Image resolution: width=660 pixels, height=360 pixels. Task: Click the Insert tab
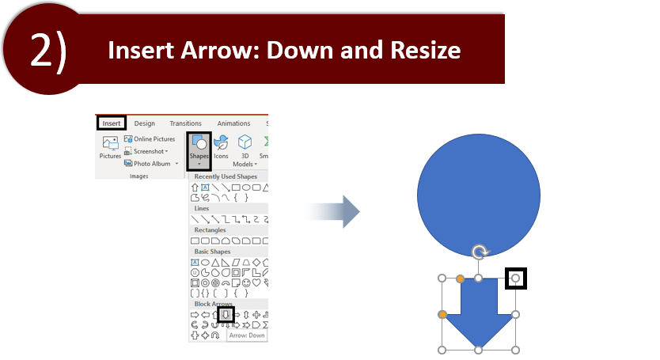(x=112, y=123)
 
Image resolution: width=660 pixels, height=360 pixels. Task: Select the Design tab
(x=144, y=123)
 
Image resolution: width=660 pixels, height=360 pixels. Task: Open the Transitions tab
(x=186, y=123)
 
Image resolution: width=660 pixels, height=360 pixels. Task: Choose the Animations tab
(x=233, y=123)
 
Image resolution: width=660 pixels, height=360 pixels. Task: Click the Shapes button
(x=199, y=151)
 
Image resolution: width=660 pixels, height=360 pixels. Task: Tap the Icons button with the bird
(x=221, y=147)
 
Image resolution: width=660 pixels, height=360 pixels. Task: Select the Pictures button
(x=110, y=147)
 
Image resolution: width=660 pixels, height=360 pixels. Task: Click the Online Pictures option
(x=150, y=139)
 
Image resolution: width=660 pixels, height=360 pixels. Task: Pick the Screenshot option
(x=146, y=151)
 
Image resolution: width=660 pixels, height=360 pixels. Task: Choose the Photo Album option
(x=151, y=163)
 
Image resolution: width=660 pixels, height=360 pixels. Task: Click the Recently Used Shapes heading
(x=226, y=176)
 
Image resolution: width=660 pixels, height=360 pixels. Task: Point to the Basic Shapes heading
(x=212, y=252)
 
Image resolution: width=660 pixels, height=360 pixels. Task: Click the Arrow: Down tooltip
(x=247, y=335)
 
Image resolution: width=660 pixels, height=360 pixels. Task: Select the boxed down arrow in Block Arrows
(x=226, y=315)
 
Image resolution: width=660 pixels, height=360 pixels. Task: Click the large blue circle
(x=479, y=195)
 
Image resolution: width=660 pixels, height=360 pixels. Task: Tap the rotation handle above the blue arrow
(x=479, y=252)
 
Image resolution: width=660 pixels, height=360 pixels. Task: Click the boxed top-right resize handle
(x=516, y=279)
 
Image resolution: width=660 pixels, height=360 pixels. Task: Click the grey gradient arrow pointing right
(x=332, y=211)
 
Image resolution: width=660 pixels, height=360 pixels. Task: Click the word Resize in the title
(x=425, y=50)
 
